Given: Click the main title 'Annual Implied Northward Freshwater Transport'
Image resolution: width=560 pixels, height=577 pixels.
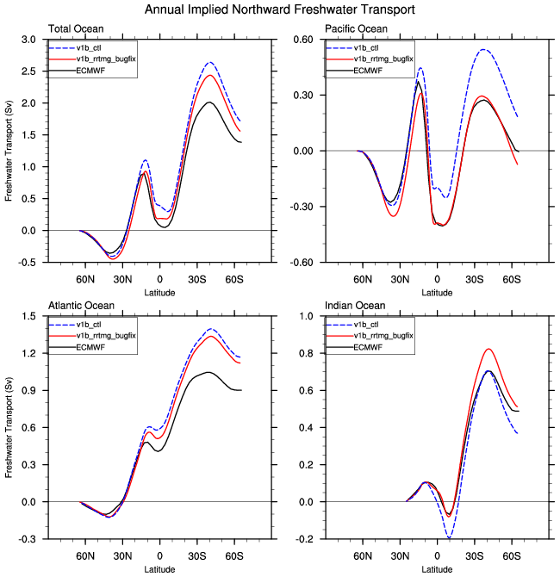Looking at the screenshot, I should click(x=280, y=9).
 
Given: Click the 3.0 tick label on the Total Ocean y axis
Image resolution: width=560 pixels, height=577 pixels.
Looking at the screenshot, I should click(x=28, y=40).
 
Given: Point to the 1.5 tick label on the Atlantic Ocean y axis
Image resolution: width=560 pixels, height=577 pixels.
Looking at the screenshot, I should click(x=28, y=317).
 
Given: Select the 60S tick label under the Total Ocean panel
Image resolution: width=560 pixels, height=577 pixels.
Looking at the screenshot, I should click(x=234, y=280).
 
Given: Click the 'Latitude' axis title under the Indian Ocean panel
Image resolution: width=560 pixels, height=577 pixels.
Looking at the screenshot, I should click(x=437, y=569).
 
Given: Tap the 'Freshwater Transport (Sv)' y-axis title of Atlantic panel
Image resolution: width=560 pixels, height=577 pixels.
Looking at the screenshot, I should click(x=9, y=426).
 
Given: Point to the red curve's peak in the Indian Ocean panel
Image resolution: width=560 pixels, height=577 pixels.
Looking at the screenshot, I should click(x=488, y=349).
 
